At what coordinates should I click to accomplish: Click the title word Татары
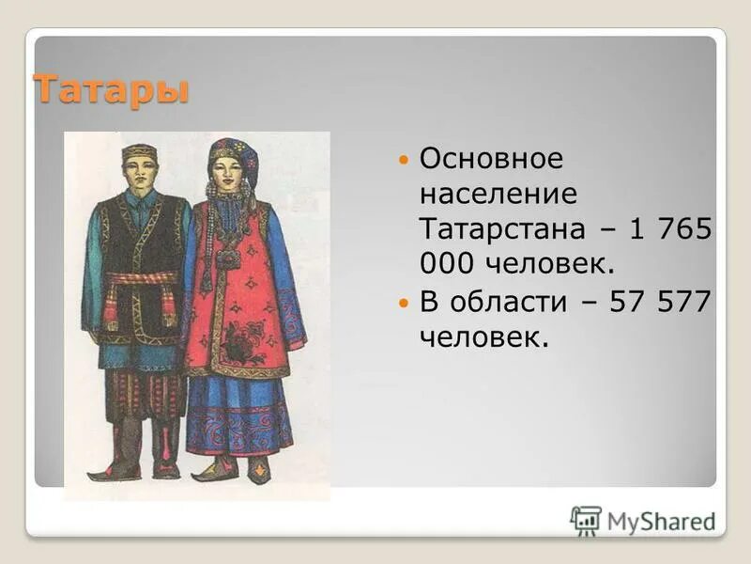tap(112, 90)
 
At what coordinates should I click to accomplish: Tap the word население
tap(498, 194)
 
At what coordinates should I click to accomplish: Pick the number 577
tap(685, 302)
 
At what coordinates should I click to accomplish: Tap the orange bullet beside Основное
tap(404, 161)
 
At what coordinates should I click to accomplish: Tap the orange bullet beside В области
tap(404, 304)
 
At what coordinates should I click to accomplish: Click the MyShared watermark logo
tap(642, 520)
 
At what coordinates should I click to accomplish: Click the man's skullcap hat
tap(139, 151)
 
